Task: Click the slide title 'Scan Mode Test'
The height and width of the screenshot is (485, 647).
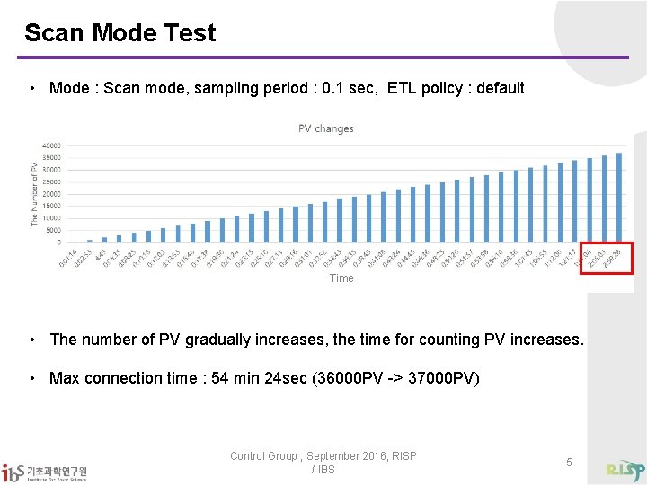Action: (120, 33)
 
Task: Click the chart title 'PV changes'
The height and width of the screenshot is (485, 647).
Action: (325, 128)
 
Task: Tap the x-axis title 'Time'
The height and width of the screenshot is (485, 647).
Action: (341, 278)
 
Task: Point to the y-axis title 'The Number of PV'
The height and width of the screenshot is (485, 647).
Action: (35, 193)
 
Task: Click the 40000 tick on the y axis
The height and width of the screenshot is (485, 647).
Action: (52, 145)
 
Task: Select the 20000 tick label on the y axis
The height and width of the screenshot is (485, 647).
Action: (52, 194)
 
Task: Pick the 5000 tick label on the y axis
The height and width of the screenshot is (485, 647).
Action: (54, 230)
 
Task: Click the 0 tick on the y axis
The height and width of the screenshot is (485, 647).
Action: (58, 242)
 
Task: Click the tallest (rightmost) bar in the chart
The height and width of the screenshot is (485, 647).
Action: (619, 198)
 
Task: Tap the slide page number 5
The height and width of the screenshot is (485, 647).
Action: (569, 462)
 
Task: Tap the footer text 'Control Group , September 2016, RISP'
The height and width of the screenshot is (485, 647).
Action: (323, 456)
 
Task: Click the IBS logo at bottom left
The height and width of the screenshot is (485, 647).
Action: (45, 471)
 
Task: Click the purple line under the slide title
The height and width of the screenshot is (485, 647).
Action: (323, 57)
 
